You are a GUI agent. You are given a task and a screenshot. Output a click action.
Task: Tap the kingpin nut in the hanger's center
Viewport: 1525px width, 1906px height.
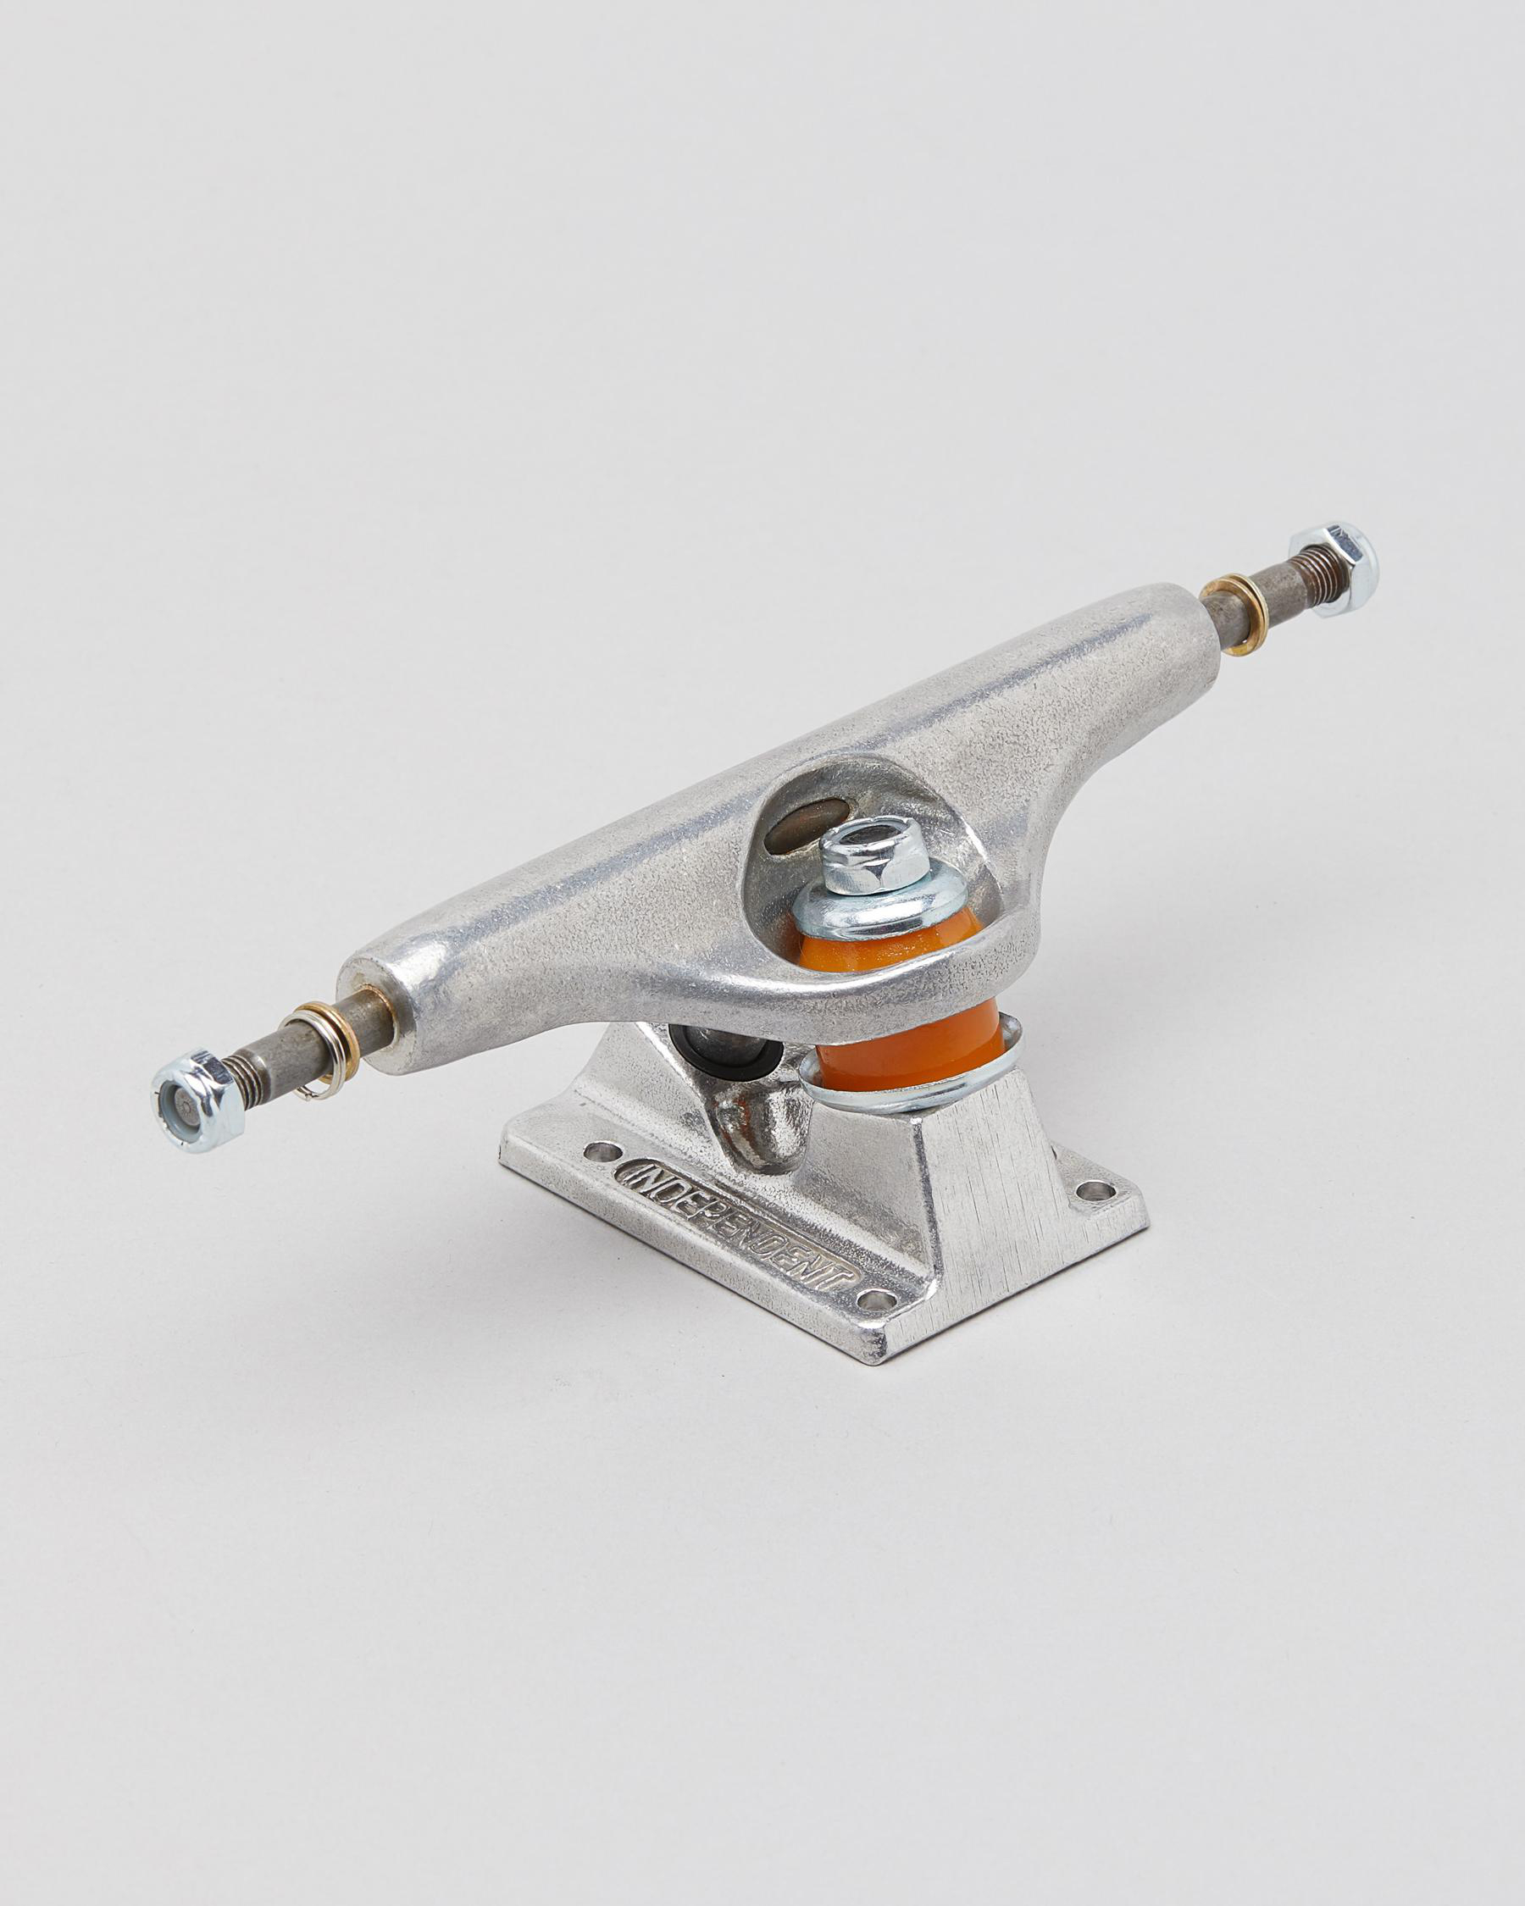pyautogui.click(x=872, y=856)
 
